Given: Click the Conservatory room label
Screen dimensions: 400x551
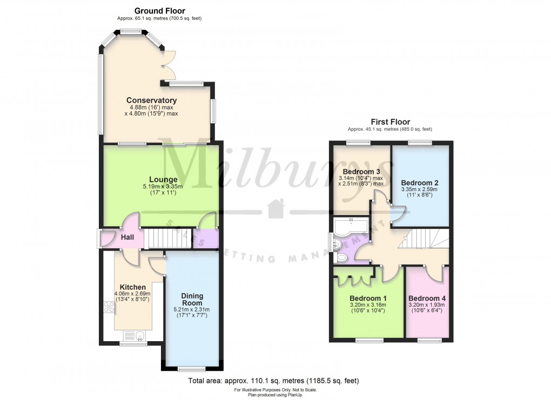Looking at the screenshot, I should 151,100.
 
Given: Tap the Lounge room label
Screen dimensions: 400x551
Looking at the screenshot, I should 164,180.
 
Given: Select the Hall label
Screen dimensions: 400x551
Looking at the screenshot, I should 127,238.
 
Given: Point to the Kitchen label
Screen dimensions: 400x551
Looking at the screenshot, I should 132,287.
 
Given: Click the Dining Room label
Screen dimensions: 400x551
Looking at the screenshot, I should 192,299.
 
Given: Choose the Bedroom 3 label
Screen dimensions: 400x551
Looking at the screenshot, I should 361,172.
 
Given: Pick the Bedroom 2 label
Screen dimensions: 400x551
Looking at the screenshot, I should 419,182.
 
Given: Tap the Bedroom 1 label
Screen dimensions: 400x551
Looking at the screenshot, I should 368,299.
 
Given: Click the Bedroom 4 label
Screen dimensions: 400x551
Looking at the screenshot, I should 427,299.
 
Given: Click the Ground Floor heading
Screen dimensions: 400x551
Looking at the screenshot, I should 159,11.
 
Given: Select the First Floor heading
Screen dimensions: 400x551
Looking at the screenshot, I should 390,122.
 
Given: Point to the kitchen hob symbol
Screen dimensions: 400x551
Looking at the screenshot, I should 109,308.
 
